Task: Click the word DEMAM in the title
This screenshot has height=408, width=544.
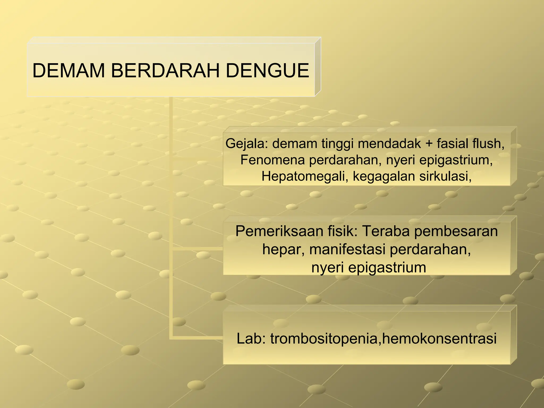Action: (x=69, y=71)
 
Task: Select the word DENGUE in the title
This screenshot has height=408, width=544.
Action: (x=267, y=71)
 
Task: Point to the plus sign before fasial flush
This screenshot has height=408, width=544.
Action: (x=429, y=144)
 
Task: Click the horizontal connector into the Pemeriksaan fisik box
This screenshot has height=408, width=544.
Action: (x=198, y=249)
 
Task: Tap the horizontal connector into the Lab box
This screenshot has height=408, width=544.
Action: (x=198, y=338)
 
